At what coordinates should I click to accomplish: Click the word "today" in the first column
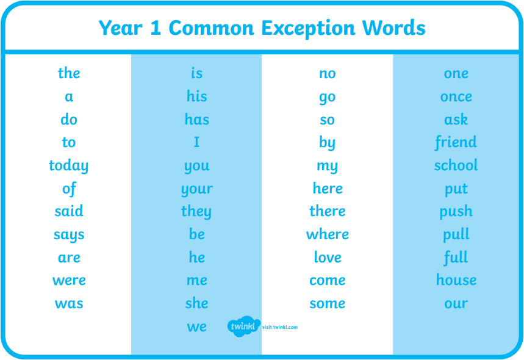(x=68, y=166)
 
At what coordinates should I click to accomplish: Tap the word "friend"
(x=456, y=142)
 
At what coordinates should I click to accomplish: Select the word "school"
(x=456, y=165)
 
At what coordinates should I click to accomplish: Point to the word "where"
(x=328, y=234)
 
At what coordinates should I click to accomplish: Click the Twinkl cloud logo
(x=243, y=326)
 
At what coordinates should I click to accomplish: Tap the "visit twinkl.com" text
(x=280, y=327)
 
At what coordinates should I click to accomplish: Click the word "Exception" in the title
(x=308, y=29)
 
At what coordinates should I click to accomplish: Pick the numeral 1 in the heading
(x=156, y=27)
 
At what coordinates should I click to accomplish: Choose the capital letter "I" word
(x=196, y=142)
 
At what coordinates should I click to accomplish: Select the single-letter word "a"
(x=69, y=97)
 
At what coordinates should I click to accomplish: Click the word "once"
(x=456, y=97)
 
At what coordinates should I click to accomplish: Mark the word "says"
(x=69, y=236)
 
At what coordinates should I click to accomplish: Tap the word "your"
(x=197, y=190)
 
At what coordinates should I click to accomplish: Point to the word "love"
(x=328, y=257)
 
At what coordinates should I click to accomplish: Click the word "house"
(x=456, y=280)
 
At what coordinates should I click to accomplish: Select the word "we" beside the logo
(x=197, y=326)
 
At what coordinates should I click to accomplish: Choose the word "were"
(x=69, y=281)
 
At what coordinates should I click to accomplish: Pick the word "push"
(x=456, y=212)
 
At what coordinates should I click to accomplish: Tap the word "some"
(x=328, y=303)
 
